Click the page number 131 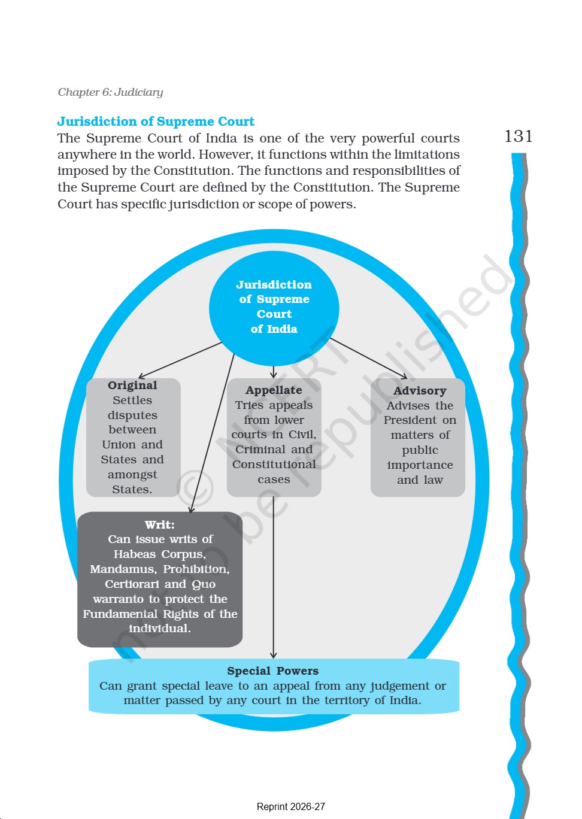(518, 136)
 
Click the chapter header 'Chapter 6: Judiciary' (110, 92)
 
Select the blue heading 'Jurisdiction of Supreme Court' (156, 121)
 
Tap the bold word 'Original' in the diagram (132, 386)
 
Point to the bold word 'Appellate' (274, 390)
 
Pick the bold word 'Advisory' (420, 391)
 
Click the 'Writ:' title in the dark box (160, 524)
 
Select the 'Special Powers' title (272, 671)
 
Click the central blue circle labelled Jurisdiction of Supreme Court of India (274, 308)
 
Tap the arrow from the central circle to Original (180, 360)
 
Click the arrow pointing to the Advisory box (368, 358)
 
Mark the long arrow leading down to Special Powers (274, 578)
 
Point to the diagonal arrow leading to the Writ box (212, 433)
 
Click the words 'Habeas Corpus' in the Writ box (160, 554)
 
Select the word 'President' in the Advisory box (410, 420)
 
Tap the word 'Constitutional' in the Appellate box (274, 465)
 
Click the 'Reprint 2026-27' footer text (291, 806)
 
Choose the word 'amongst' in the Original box (132, 475)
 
